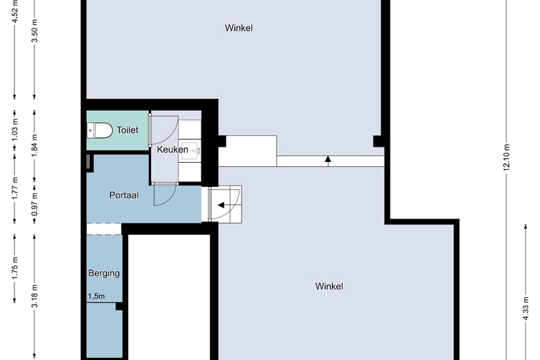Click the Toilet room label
pos(127,129)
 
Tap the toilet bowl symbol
pos(101,129)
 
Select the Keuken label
pos(172,150)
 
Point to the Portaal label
pos(124,195)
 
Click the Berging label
pos(104,273)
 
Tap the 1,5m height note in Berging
pos(96,296)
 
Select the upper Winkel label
pos(238,28)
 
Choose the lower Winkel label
pos(329,286)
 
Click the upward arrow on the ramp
pos(328,161)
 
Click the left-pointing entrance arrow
pos(222,205)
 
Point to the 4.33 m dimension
pos(525,305)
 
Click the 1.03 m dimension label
pos(15,129)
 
